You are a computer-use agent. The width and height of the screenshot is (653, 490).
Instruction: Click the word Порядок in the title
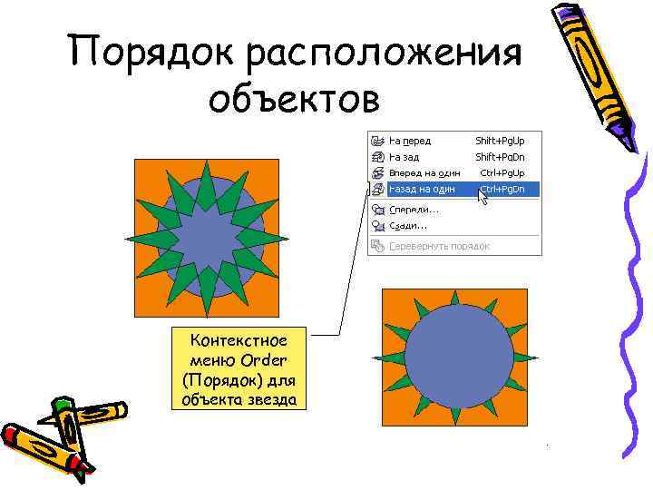pos(153,52)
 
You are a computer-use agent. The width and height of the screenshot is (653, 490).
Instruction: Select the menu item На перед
pos(410,141)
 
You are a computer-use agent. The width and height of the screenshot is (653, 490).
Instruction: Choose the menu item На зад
pos(404,157)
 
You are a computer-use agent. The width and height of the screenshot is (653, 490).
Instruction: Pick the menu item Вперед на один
pos(424,172)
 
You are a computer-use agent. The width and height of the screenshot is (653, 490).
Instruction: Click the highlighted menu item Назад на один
pos(422,190)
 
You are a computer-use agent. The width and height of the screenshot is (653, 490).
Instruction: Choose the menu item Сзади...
pos(407,225)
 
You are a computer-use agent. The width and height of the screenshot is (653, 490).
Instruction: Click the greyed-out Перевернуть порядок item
pos(439,246)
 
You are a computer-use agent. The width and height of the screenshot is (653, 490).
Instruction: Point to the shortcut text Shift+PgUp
pos(500,141)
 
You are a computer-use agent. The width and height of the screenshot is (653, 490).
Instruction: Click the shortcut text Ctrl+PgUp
pos(502,172)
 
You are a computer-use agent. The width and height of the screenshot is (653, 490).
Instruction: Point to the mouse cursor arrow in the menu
pos(482,196)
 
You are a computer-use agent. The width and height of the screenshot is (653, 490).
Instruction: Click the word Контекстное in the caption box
pos(239,340)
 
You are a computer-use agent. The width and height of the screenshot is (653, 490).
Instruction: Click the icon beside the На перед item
pos(377,141)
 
